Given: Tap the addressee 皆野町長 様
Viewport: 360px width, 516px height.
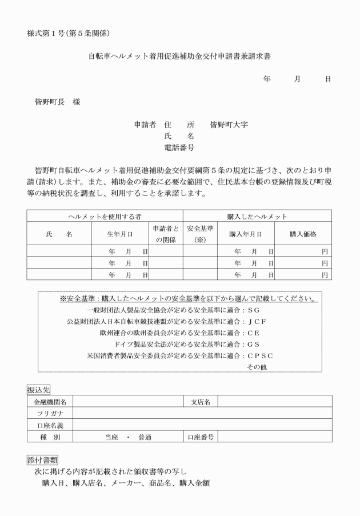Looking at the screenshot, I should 57,102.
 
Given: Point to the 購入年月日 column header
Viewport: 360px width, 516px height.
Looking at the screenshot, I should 246,234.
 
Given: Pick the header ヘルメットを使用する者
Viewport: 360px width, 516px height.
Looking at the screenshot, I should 105,217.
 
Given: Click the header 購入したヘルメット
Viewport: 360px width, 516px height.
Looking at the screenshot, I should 257,217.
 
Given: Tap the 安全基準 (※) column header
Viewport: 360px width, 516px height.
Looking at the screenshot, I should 200,234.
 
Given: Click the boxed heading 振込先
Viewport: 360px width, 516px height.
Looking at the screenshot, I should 39,389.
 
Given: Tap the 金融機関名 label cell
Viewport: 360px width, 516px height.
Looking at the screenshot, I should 50,402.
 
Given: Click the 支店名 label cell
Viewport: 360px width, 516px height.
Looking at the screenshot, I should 200,402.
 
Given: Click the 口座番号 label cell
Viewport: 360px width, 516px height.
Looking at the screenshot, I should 200,437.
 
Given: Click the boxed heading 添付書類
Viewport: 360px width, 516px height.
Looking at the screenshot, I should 42,459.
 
